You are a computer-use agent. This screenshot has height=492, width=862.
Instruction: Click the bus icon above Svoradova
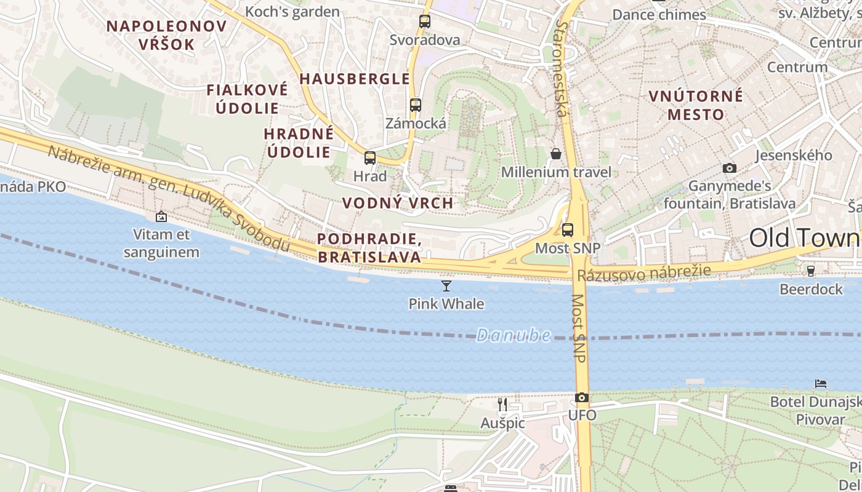(425, 22)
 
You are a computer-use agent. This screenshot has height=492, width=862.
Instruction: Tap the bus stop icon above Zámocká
(416, 105)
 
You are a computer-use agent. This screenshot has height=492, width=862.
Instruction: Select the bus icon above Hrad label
(370, 158)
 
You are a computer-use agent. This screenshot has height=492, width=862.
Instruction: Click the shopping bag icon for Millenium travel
(556, 154)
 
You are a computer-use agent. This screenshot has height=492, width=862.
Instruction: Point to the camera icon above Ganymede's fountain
(730, 168)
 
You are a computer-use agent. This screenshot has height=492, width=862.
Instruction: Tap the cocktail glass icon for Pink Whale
(446, 285)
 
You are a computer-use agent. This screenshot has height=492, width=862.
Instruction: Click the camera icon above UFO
(582, 398)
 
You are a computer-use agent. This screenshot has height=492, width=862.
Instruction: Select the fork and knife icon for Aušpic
(502, 404)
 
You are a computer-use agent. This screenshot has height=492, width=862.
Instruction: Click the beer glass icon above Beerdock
(811, 271)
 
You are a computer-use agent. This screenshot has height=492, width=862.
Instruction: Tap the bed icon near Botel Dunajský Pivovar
(821, 384)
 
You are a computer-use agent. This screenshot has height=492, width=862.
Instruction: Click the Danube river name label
(514, 335)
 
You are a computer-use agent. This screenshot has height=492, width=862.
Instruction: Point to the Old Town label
(804, 238)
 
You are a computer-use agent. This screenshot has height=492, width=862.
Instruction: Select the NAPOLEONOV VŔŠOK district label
(166, 35)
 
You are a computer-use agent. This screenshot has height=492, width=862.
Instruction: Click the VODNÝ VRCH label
(398, 203)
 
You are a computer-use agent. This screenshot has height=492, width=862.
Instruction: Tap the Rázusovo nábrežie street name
(644, 273)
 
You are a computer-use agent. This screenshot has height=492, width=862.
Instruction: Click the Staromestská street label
(562, 68)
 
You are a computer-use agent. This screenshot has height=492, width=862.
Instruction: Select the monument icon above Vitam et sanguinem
(161, 216)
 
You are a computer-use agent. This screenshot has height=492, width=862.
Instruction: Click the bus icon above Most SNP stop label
(568, 230)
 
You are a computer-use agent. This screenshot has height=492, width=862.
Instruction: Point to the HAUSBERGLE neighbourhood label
(355, 79)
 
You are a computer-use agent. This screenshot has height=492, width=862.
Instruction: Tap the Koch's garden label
(292, 12)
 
